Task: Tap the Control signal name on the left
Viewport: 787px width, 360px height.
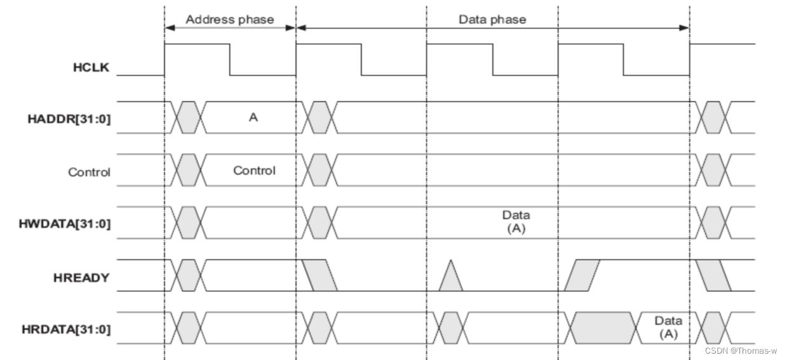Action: click(89, 171)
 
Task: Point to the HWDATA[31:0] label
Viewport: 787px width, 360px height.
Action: click(68, 223)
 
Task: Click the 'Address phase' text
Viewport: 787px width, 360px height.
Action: click(229, 19)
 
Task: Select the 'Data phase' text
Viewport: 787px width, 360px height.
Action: click(492, 19)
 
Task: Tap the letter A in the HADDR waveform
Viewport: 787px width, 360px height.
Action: click(253, 117)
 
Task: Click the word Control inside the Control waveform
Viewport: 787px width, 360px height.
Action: click(254, 170)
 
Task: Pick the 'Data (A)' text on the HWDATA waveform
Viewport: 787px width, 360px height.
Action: click(516, 222)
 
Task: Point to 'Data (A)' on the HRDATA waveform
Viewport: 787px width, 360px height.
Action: click(668, 327)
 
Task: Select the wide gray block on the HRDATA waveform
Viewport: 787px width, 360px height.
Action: click(603, 328)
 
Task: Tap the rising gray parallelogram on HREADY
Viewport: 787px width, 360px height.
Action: click(581, 276)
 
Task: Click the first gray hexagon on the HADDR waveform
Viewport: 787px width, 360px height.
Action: click(188, 117)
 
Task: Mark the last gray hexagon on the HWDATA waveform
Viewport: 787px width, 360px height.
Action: click(714, 223)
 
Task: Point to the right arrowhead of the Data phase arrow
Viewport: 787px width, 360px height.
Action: click(684, 27)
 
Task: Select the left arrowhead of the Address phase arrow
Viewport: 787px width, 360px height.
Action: click(170, 27)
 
